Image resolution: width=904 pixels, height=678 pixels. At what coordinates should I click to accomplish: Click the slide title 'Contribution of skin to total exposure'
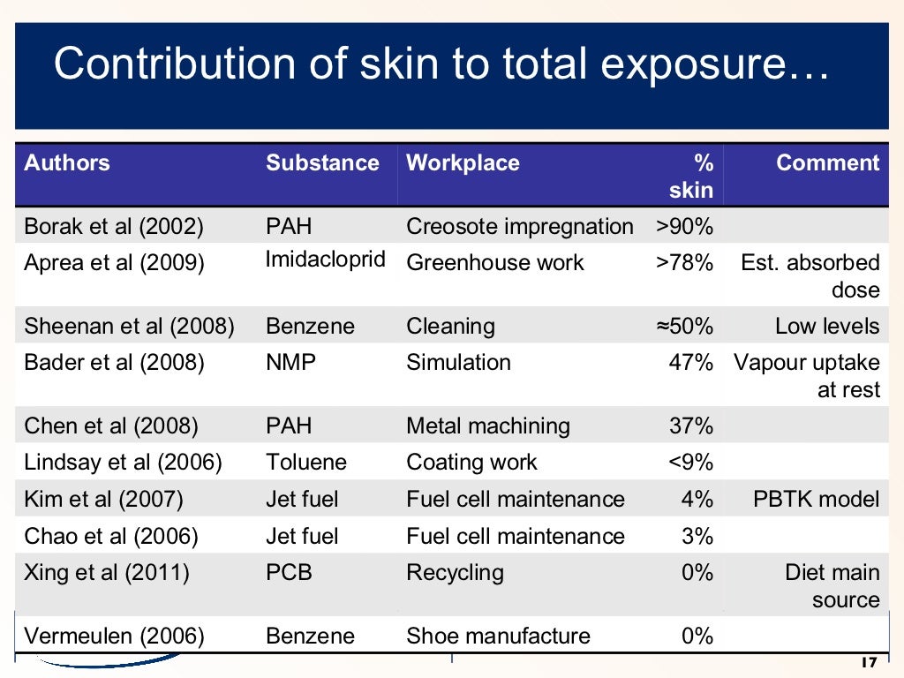click(441, 64)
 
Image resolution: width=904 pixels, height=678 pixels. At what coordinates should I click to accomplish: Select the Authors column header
click(67, 163)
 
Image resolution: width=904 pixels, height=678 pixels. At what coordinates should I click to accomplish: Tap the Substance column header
click(322, 163)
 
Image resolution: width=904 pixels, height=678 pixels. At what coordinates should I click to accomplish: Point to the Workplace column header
click(463, 163)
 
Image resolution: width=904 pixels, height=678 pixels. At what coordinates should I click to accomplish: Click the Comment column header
click(827, 163)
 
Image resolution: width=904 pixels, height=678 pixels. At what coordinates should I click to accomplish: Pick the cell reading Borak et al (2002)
click(114, 227)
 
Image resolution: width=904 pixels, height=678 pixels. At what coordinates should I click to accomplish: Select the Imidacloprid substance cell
click(326, 260)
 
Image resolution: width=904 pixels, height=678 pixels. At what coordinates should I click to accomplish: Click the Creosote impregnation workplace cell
click(519, 227)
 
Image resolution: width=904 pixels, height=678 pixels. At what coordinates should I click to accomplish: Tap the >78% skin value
click(684, 263)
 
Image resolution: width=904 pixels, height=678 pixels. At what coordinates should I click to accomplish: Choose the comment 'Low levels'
click(827, 327)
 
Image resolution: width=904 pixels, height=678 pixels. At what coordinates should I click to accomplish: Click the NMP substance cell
click(290, 363)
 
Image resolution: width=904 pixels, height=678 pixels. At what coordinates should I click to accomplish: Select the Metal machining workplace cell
click(487, 426)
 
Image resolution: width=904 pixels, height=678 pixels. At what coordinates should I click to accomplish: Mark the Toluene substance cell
click(306, 463)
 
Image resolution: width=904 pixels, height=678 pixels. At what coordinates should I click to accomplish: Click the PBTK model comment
click(816, 500)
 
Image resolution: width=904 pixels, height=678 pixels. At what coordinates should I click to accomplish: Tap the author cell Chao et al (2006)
click(111, 537)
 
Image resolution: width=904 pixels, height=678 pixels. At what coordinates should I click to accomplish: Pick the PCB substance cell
click(289, 573)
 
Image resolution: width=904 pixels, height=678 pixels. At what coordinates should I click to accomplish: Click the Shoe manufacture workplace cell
click(498, 637)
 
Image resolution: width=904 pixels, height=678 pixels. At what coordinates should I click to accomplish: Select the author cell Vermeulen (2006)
click(115, 637)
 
